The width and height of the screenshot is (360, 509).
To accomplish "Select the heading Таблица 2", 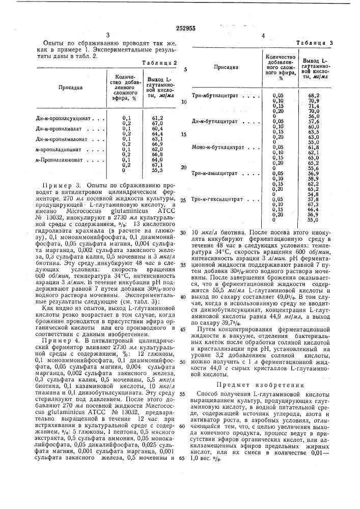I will click(160, 62).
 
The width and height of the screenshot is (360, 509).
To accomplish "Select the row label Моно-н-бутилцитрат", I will click(215, 147).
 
